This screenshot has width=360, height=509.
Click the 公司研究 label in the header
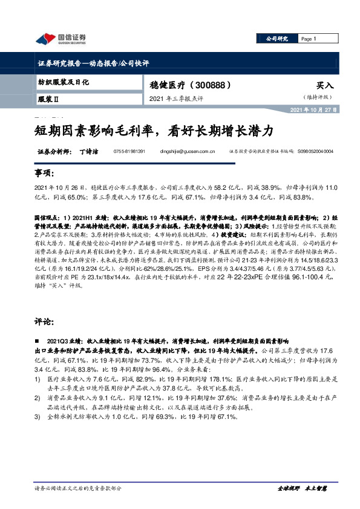(x=277, y=38)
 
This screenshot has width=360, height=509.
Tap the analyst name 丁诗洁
(x=89, y=151)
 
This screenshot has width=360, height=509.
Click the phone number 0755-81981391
(x=129, y=151)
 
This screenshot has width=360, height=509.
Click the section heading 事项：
(x=44, y=173)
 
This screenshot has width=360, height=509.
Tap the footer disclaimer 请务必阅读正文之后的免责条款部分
(x=78, y=487)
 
